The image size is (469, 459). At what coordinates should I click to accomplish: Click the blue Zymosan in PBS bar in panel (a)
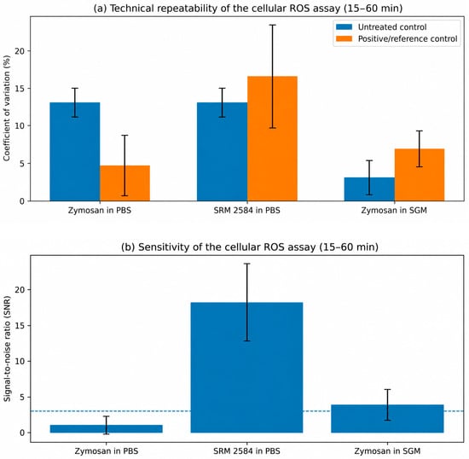pyautogui.click(x=75, y=152)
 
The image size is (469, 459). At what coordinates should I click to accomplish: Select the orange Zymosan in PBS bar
pyautogui.click(x=124, y=183)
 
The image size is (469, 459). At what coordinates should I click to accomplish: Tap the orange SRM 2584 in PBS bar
pyautogui.click(x=272, y=138)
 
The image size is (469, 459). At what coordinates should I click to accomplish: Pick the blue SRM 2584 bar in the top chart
pyautogui.click(x=223, y=152)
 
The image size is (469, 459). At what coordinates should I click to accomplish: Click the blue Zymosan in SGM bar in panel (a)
pyautogui.click(x=369, y=189)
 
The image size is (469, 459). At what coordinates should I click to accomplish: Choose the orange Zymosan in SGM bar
pyautogui.click(x=420, y=175)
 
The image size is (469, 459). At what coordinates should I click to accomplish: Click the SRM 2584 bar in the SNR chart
pyautogui.click(x=246, y=368)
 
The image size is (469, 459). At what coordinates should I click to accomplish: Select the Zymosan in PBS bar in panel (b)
pyautogui.click(x=107, y=429)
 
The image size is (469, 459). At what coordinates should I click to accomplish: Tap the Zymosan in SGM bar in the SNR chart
pyautogui.click(x=387, y=419)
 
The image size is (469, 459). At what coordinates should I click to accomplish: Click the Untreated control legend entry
pyautogui.click(x=381, y=27)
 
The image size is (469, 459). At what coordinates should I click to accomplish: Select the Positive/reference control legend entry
pyautogui.click(x=397, y=39)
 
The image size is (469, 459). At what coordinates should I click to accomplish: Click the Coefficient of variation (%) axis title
pyautogui.click(x=7, y=108)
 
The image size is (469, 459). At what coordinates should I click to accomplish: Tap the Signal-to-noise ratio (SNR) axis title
pyautogui.click(x=7, y=349)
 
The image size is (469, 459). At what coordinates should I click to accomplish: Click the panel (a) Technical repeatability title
pyautogui.click(x=248, y=8)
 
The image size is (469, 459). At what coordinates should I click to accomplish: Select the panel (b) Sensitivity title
pyautogui.click(x=250, y=247)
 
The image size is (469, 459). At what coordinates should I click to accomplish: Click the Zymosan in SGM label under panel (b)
pyautogui.click(x=387, y=451)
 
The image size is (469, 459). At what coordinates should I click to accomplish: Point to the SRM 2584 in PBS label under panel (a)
pyautogui.click(x=247, y=211)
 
